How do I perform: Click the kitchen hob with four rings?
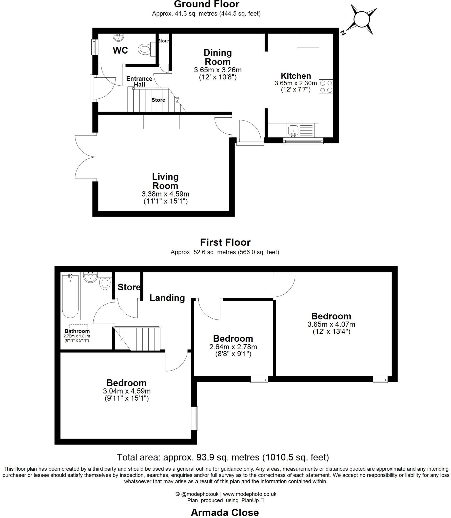pyautogui.click(x=326, y=87)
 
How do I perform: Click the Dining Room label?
pyautogui.click(x=218, y=57)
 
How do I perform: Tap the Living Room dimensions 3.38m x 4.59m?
pyautogui.click(x=165, y=194)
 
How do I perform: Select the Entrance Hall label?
pyautogui.click(x=139, y=81)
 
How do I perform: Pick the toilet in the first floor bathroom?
pyautogui.click(x=105, y=283)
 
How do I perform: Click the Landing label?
pyautogui.click(x=167, y=298)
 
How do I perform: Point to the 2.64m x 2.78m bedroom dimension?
pyautogui.click(x=233, y=347)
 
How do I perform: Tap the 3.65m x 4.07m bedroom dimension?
pyautogui.click(x=331, y=324)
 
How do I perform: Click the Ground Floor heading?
pyautogui.click(x=206, y=4)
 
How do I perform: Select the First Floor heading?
pyautogui.click(x=225, y=242)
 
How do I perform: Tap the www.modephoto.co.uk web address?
pyautogui.click(x=249, y=494)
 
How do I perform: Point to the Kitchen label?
pyautogui.click(x=296, y=76)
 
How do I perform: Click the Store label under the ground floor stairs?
pyautogui.click(x=158, y=100)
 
